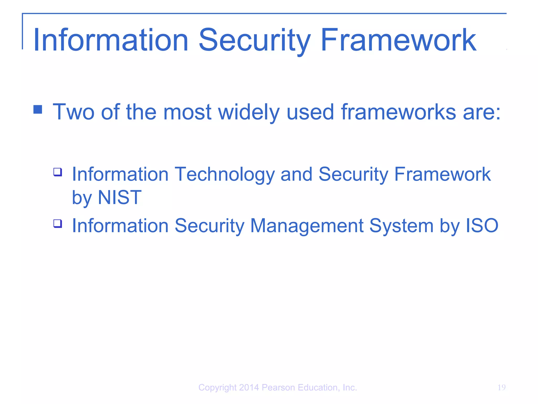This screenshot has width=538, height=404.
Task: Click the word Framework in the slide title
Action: (398, 41)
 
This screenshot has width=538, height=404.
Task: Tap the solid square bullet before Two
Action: (38, 109)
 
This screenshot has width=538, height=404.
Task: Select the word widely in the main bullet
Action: (249, 112)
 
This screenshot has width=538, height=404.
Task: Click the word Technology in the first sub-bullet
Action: (224, 174)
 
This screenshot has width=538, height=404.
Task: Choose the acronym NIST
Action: (120, 197)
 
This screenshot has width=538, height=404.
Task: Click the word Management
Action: (307, 226)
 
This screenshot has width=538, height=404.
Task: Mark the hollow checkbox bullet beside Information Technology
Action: (58, 172)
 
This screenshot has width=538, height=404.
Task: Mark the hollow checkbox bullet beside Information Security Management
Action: (58, 224)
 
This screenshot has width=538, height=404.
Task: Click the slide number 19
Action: (501, 387)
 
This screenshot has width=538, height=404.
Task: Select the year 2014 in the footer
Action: (249, 387)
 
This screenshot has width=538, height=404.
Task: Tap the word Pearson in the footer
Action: (278, 387)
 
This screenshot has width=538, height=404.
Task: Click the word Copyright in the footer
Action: (218, 388)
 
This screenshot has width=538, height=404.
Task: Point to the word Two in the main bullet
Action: (74, 112)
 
